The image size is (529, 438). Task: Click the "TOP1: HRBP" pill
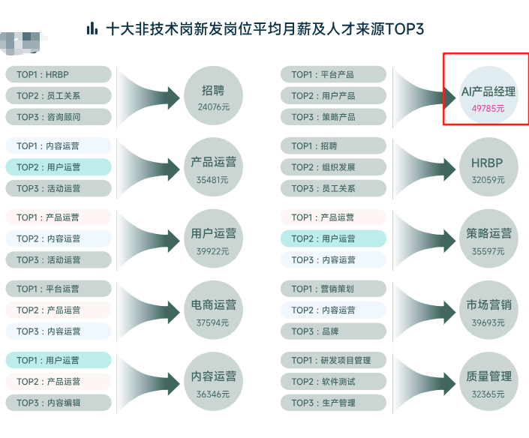point(59,74)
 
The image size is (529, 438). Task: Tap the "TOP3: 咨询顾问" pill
point(59,117)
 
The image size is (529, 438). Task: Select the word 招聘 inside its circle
point(212,91)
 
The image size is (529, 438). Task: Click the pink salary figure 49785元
point(488,109)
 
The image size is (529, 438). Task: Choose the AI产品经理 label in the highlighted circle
point(488,91)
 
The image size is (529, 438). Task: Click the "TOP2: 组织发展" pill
point(333,167)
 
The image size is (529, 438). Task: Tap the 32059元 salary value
point(488,180)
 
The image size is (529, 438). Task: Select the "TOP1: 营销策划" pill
point(333,289)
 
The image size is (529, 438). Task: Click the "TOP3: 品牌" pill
point(333,331)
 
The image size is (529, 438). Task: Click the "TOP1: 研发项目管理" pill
point(333,360)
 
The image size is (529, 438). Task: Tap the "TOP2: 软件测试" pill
point(333,382)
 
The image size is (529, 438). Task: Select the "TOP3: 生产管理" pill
point(333,403)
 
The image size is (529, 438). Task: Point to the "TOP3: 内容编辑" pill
point(59,403)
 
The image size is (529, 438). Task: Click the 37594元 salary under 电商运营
point(212,322)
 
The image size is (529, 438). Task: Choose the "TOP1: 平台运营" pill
point(59,289)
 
